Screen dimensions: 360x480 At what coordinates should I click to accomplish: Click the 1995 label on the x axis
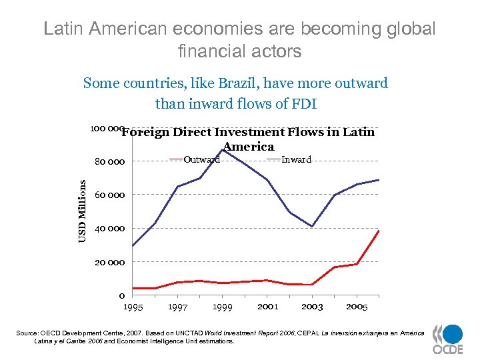133,307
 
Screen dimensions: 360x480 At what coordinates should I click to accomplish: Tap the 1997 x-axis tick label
177,307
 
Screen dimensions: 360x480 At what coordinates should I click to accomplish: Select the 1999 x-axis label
222,307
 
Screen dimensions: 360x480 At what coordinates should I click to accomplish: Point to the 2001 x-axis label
267,307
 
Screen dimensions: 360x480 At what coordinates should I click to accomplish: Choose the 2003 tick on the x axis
312,307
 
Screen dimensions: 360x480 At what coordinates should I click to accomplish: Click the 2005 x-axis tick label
357,307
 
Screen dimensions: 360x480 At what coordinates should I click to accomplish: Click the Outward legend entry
201,159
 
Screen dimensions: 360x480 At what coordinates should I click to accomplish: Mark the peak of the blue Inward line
223,149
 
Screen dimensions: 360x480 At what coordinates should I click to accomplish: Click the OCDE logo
447,339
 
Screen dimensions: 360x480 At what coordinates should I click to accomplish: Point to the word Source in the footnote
45,333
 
